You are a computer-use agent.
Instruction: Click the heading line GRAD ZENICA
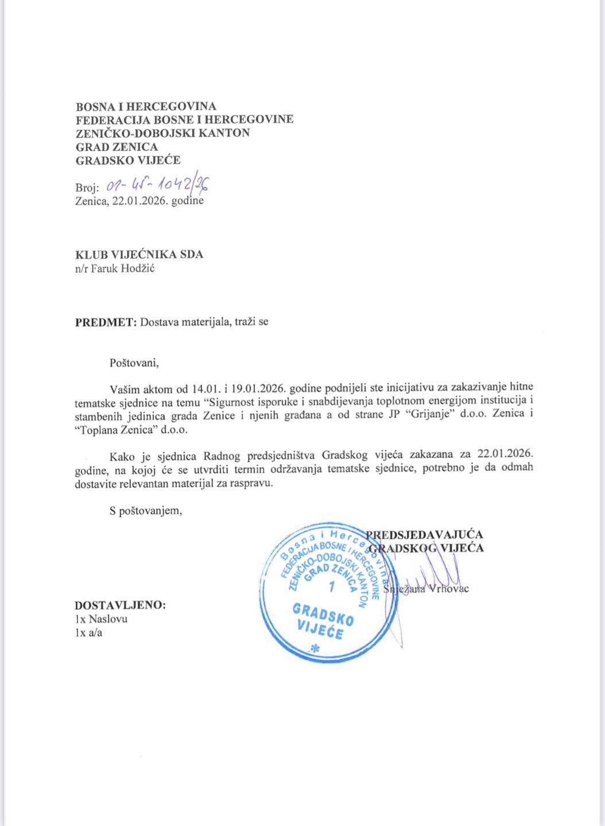coord(117,147)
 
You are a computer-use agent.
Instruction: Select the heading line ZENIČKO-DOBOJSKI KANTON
coord(163,133)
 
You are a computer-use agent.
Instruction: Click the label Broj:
coord(87,188)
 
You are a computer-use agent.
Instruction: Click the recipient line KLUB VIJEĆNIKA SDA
coord(139,254)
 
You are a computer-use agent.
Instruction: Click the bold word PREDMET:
coord(106,322)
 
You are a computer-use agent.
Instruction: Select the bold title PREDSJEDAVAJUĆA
coord(425,535)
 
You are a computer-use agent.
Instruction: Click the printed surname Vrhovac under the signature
coord(449,589)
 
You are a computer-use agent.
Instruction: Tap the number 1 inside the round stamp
coord(331,586)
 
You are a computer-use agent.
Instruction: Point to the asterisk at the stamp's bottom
coord(314,649)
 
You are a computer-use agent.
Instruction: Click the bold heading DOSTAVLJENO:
coord(121,605)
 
